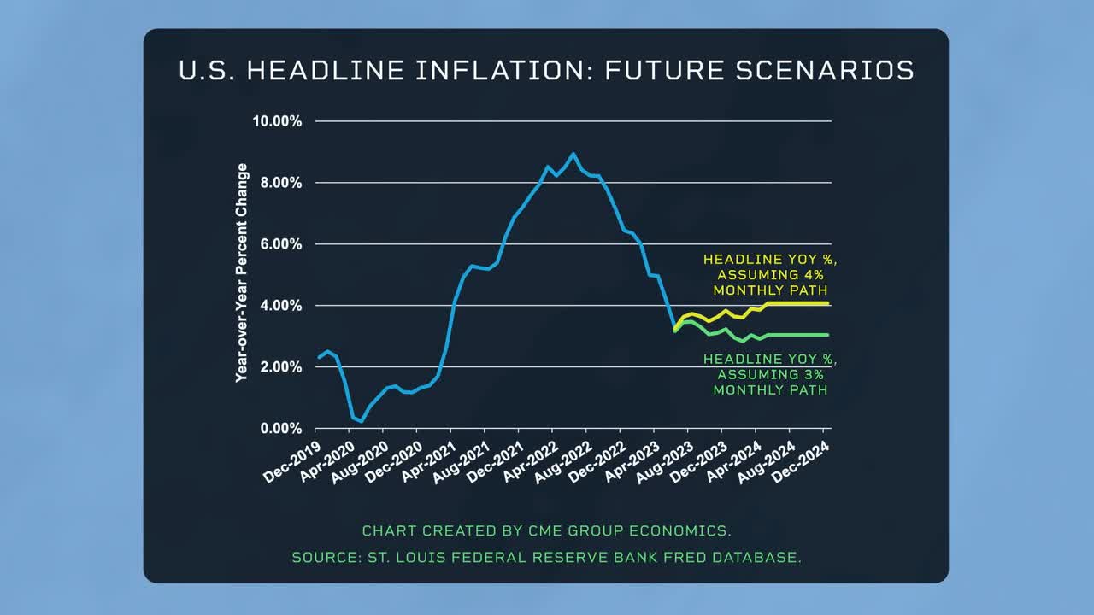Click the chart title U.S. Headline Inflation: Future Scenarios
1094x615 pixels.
click(546, 70)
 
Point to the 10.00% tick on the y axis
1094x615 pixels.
click(277, 121)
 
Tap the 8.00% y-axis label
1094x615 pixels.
click(279, 183)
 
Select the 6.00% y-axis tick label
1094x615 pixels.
click(279, 244)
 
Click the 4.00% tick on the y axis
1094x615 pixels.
click(279, 306)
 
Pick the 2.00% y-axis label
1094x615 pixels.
click(279, 367)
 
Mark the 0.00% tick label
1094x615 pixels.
click(279, 429)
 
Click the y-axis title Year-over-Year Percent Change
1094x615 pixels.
click(242, 272)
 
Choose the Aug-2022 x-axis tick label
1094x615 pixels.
click(565, 461)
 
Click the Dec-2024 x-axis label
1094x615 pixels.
click(802, 461)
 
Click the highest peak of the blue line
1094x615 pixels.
click(573, 155)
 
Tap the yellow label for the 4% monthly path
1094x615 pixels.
click(769, 274)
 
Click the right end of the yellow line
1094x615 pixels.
click(828, 303)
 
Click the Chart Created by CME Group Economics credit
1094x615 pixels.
click(546, 530)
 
